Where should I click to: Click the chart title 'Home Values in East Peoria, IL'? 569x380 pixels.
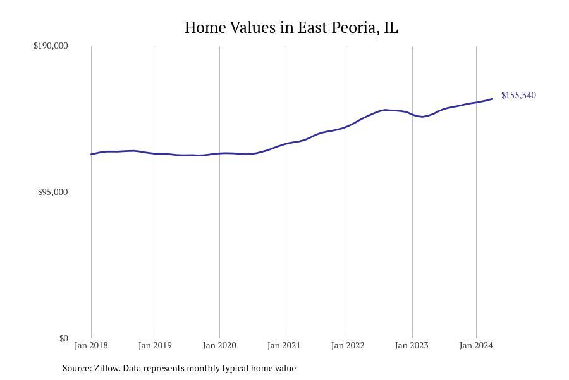point(291,28)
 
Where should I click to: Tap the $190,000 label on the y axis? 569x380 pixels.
point(51,46)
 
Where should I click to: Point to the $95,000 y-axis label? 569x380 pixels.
point(52,192)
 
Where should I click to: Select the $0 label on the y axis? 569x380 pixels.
point(63,338)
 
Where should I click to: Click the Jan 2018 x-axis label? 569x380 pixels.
point(91,345)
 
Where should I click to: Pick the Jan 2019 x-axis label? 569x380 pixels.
point(155,345)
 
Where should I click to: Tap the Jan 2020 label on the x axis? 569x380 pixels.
point(219,345)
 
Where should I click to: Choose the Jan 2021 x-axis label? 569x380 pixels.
point(284,345)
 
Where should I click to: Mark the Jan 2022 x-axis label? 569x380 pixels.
point(348,345)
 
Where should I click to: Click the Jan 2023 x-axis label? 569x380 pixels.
point(412,345)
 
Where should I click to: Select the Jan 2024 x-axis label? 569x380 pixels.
point(476,345)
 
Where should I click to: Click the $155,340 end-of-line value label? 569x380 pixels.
point(518,96)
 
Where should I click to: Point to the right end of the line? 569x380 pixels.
point(492,99)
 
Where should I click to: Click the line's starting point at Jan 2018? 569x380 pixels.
point(91,154)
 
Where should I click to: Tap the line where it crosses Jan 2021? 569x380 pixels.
point(284,144)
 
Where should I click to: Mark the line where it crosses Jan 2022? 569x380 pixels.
point(348,126)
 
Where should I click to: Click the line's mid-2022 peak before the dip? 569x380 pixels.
point(386,110)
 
